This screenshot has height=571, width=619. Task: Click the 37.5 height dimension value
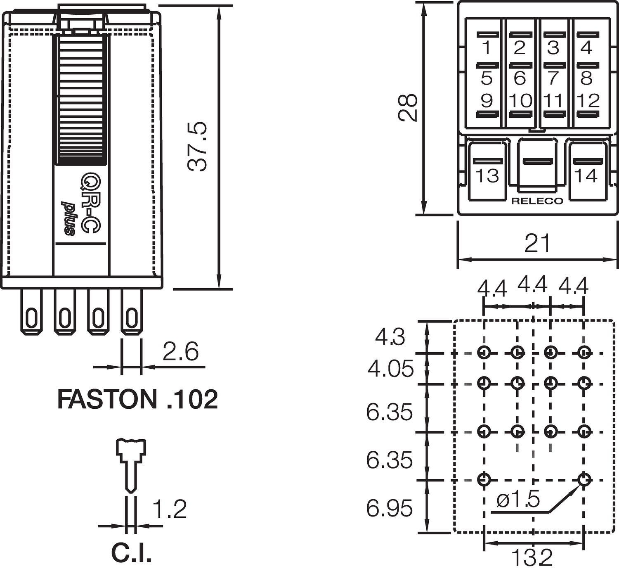[197, 146]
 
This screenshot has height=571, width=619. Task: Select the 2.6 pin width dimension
[180, 351]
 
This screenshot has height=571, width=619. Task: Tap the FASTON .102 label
[137, 399]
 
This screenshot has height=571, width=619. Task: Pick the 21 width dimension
[537, 243]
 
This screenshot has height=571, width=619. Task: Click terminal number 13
[487, 175]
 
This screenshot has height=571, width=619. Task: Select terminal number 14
[586, 175]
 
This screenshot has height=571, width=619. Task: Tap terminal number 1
[487, 48]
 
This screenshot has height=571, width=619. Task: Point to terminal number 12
[588, 100]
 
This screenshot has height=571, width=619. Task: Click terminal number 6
[520, 78]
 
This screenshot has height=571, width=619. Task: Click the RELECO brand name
[537, 201]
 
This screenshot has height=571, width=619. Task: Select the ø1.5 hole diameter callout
[518, 500]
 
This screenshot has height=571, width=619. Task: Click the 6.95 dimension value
[389, 508]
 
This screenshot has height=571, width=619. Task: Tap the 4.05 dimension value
[390, 369]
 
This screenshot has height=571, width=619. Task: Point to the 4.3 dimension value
[390, 337]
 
